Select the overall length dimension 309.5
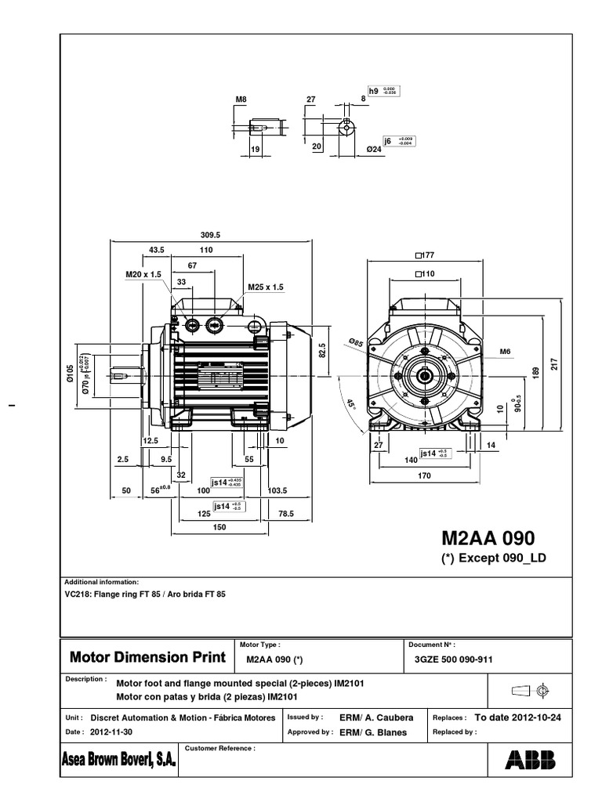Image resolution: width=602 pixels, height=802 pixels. click(x=211, y=234)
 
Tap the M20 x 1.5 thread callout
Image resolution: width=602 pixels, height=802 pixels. click(x=143, y=275)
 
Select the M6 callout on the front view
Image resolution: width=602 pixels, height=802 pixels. click(x=506, y=352)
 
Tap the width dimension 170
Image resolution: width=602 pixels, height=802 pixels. click(x=423, y=475)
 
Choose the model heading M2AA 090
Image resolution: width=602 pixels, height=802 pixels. click(x=488, y=538)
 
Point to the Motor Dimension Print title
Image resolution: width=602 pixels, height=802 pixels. click(x=147, y=656)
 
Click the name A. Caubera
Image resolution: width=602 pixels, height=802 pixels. click(x=386, y=717)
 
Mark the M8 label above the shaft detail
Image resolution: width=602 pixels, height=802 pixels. click(x=241, y=99)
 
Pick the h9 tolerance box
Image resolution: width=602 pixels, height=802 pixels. click(x=373, y=92)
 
